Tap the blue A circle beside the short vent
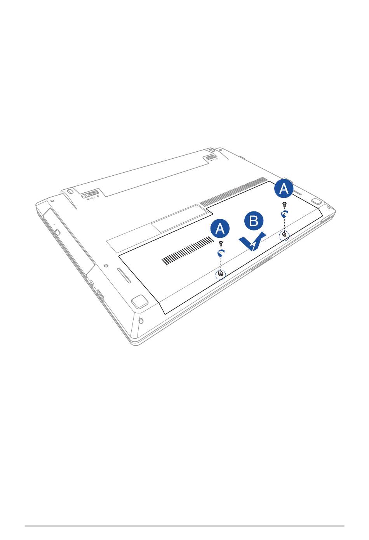pyautogui.click(x=220, y=228)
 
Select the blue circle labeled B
pyautogui.click(x=254, y=221)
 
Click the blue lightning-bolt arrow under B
pyautogui.click(x=252, y=242)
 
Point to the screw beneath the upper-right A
pyautogui.click(x=285, y=204)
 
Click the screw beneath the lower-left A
pyautogui.click(x=221, y=244)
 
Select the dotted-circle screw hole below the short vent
pyautogui.click(x=221, y=275)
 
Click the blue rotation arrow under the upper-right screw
pyautogui.click(x=285, y=214)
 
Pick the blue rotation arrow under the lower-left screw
pyautogui.click(x=221, y=253)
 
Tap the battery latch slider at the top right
pyautogui.click(x=212, y=157)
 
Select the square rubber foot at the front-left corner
pyautogui.click(x=139, y=301)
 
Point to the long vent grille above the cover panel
pyautogui.click(x=233, y=192)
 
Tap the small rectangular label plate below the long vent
pyautogui.click(x=180, y=218)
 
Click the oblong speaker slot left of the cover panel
pyautogui.click(x=124, y=275)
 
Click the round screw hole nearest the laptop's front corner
pyautogui.click(x=141, y=321)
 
